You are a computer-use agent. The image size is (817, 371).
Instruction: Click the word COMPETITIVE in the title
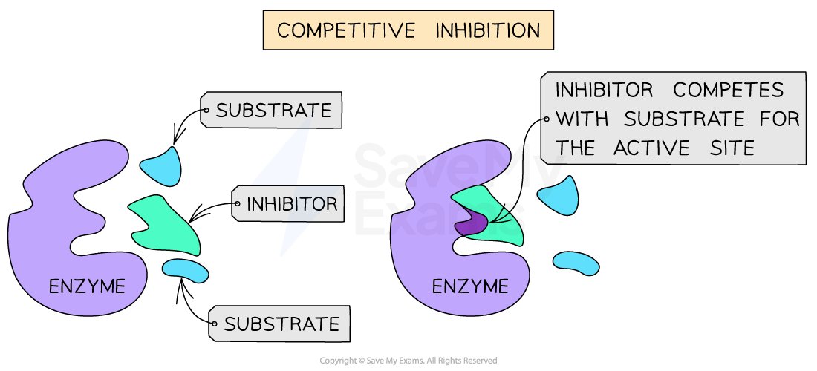pos(345,31)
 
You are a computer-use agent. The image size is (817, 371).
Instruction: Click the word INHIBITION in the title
pos(487,31)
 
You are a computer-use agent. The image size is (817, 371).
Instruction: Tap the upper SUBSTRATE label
pos(273,111)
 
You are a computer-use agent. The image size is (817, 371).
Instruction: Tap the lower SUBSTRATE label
pos(281,324)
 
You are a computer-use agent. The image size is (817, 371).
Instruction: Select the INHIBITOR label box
pos(290,204)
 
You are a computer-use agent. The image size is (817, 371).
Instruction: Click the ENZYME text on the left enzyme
pos(87,286)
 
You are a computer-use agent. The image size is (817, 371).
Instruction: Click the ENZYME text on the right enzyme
pos(470,286)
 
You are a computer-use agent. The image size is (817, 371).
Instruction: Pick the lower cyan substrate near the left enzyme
pos(186,270)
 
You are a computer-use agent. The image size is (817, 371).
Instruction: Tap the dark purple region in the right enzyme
pos(470,223)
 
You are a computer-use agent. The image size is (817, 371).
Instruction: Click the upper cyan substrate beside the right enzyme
pos(559,196)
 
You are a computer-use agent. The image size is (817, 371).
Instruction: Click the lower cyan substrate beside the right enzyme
pos(576,263)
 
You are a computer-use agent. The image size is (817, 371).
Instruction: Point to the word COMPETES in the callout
pos(729,91)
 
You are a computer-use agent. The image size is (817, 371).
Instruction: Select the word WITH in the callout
pos(582,119)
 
